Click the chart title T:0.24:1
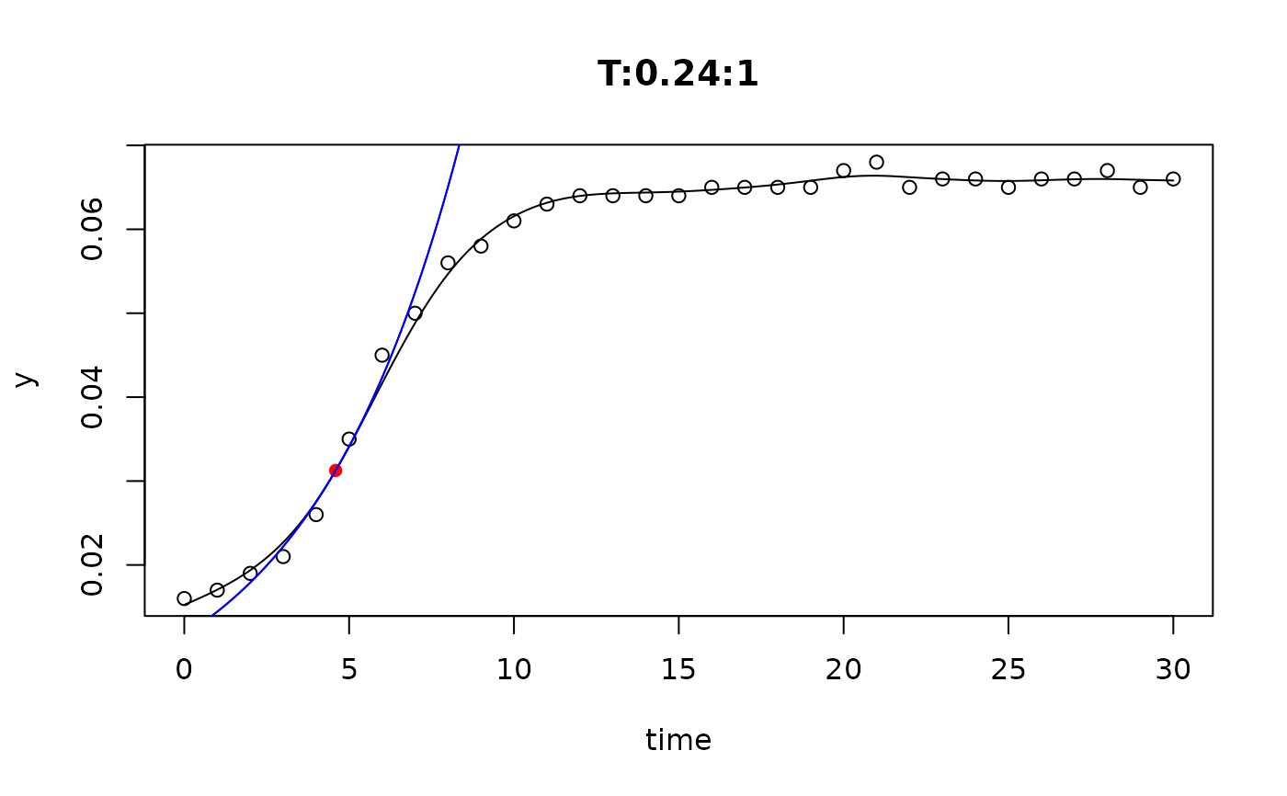[678, 74]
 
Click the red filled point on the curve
[336, 471]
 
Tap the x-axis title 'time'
[678, 740]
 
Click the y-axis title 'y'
[27, 379]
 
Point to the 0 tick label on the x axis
[184, 670]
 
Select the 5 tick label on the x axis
[349, 670]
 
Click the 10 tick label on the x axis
[514, 670]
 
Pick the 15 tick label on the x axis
[678, 670]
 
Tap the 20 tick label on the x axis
[843, 670]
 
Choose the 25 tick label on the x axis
[1008, 670]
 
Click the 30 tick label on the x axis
[1173, 670]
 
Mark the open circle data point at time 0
[184, 598]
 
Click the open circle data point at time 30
[1173, 178]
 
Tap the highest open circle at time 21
[876, 162]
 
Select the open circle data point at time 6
[382, 355]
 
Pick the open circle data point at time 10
[514, 221]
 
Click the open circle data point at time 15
[678, 195]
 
